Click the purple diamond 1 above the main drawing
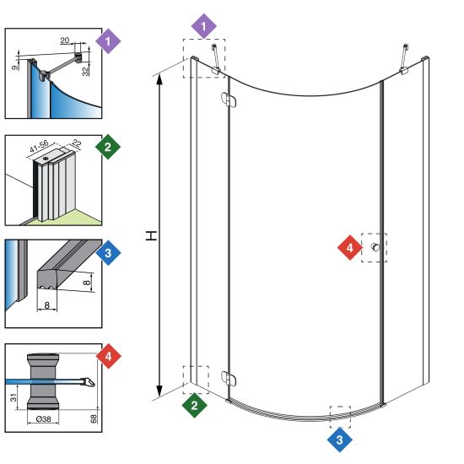pos(203,26)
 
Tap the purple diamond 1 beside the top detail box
pos(108,41)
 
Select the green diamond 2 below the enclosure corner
pos(194,405)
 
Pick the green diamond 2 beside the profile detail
pos(108,147)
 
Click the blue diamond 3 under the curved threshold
pos(340,440)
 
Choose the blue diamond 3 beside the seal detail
pos(108,253)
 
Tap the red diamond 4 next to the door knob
pos(350,248)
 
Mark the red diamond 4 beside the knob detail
pos(108,356)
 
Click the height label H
pos(151,236)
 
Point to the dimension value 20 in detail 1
pos(65,40)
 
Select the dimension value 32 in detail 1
pos(85,72)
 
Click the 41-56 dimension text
pos(39,146)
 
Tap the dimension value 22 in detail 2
pos(76,143)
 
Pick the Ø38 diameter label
pos(43,418)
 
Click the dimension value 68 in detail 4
pos(93,418)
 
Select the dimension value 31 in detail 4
pos(13,397)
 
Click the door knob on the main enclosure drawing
pos(375,247)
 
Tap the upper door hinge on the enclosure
pos(229,100)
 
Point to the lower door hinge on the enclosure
pos(229,379)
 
